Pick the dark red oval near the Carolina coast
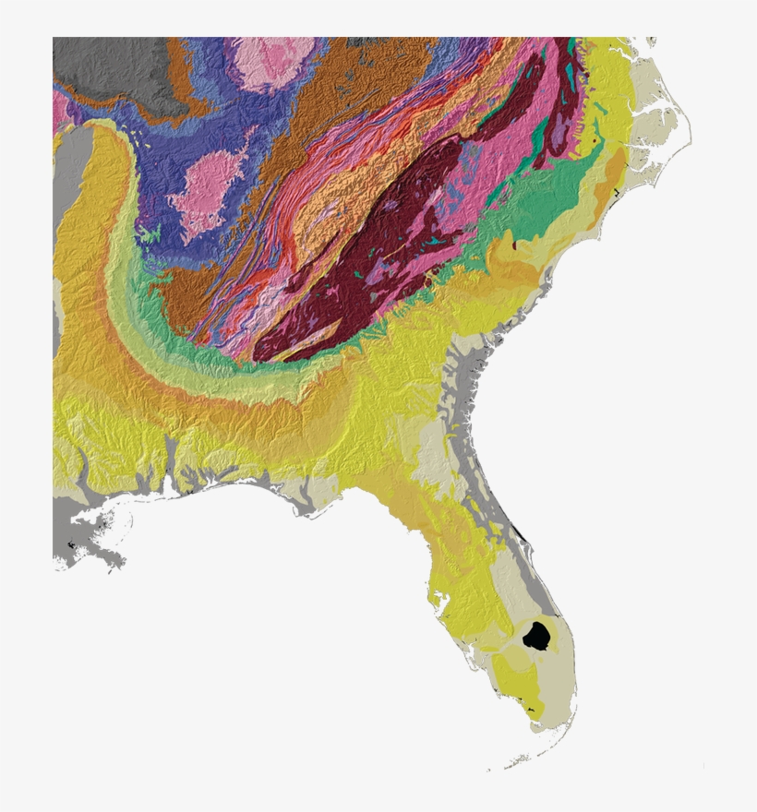coord(514,245)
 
